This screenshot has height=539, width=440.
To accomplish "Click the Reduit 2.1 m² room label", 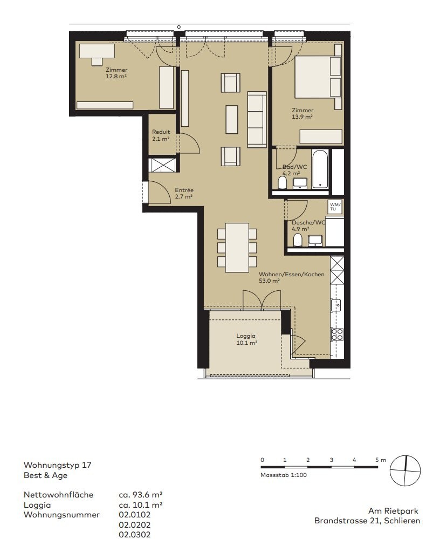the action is (x=161, y=135).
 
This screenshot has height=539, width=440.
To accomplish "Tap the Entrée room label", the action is (x=184, y=190).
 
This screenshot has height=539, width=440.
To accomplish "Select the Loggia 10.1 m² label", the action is (x=246, y=339).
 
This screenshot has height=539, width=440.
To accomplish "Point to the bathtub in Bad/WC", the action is (x=320, y=169).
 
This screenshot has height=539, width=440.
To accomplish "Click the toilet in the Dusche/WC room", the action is (x=298, y=240).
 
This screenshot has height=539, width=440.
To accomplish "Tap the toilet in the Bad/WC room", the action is (x=283, y=183).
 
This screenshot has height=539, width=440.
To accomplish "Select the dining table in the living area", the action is (x=237, y=248).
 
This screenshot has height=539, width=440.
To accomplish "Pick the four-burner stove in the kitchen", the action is (x=337, y=335).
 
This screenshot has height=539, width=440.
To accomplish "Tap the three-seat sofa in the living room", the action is (x=257, y=120).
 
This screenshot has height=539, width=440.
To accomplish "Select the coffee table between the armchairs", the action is (x=232, y=119).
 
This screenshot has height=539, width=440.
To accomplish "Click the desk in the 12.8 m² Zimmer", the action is (x=97, y=51).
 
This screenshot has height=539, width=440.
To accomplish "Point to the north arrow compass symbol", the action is (x=405, y=470).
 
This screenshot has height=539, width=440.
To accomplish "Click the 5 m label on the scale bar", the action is (x=381, y=460).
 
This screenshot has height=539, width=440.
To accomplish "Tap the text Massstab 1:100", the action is (x=284, y=475).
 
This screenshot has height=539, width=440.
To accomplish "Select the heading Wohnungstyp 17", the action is (x=57, y=465).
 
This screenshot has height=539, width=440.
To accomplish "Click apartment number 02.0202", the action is (x=135, y=525).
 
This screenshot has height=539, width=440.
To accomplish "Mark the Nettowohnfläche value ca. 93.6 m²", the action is (x=141, y=495).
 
